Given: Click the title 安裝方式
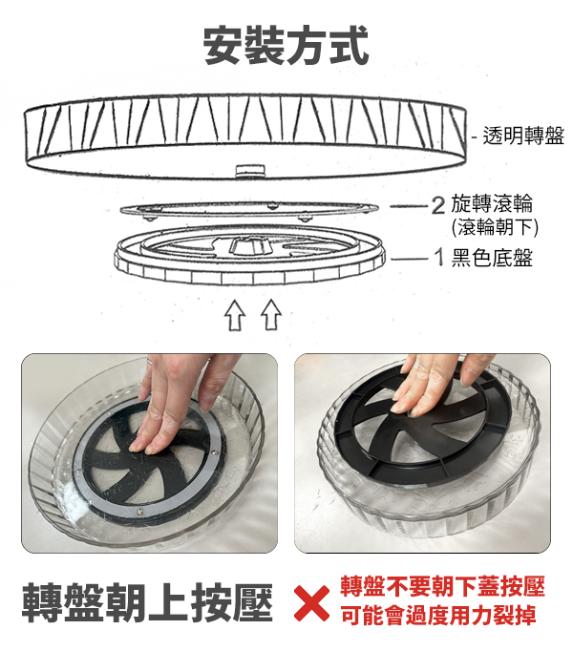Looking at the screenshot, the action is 286,45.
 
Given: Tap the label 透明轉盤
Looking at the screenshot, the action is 523,136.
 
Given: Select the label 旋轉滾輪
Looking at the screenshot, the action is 492,204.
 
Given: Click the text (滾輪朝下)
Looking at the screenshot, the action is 495,226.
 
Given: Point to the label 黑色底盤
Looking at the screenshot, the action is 492,258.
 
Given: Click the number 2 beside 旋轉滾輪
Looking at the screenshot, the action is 438,205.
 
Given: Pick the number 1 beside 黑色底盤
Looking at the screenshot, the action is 439,258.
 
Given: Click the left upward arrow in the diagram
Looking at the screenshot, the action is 235,315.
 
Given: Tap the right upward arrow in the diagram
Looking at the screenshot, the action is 271,314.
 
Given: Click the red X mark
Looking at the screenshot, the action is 311,603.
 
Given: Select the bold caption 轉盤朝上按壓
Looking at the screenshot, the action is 147,602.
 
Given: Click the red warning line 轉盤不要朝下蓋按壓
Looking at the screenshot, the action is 442,586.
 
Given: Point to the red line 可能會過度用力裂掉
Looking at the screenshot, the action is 438,616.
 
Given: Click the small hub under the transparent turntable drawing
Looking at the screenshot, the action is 250,170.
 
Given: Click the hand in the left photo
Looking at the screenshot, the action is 182,399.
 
